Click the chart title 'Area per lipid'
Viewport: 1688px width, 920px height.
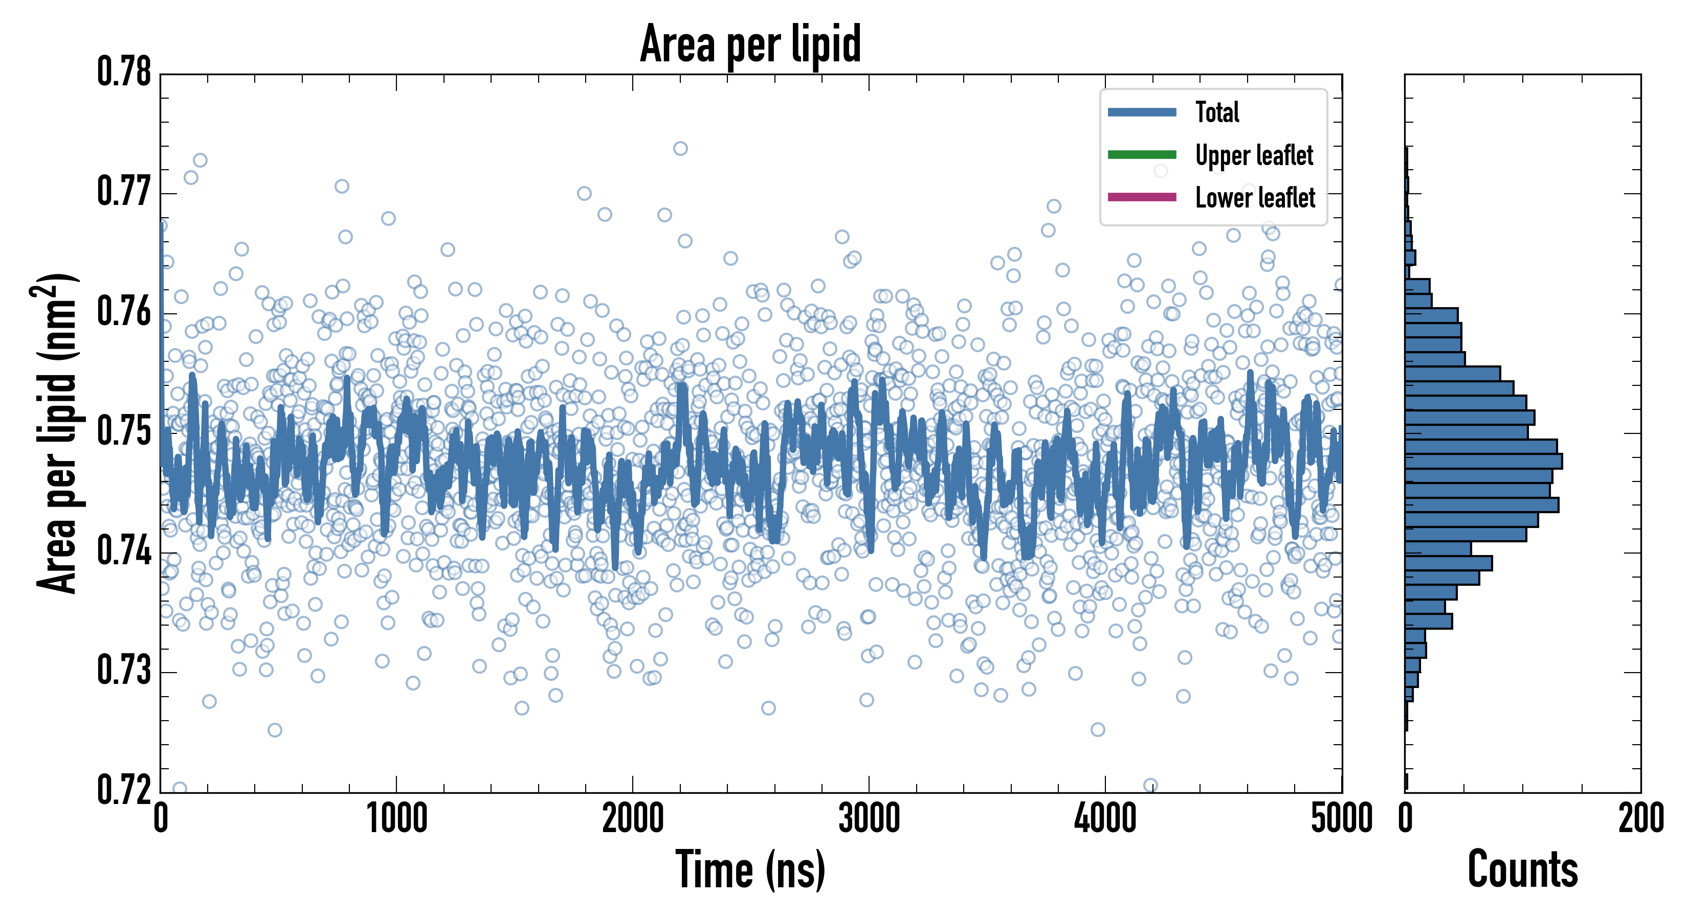click(x=750, y=44)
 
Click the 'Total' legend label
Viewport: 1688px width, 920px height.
click(x=1217, y=112)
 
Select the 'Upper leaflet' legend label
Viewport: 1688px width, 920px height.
click(x=1254, y=155)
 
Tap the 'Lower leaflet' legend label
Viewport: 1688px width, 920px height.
click(x=1255, y=197)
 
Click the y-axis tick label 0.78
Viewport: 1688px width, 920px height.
click(x=124, y=72)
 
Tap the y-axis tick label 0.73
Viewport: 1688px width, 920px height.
click(x=124, y=671)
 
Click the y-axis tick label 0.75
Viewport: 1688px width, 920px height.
click(x=124, y=431)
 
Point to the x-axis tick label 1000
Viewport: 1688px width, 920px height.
click(x=396, y=818)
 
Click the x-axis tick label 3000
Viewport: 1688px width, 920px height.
click(x=869, y=818)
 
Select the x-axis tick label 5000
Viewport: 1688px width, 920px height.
click(x=1341, y=818)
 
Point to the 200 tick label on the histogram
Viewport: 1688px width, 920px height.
click(x=1640, y=818)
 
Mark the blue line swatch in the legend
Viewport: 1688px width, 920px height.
click(x=1142, y=112)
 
